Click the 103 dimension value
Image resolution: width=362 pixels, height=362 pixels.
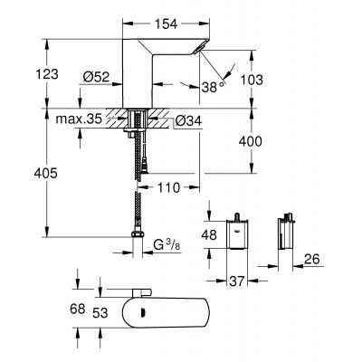tap(255, 80)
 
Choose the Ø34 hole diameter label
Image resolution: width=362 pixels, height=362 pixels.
tap(177, 120)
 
